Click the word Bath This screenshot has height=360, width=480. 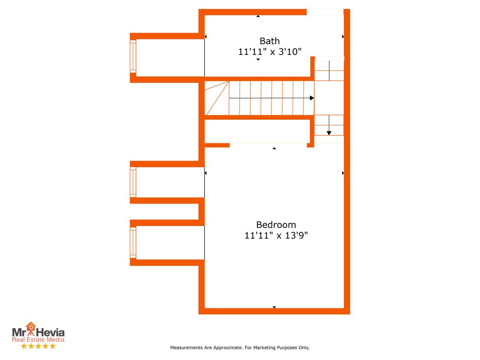point(269,41)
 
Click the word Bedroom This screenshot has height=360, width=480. point(276,225)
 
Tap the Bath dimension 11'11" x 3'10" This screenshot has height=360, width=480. point(270,52)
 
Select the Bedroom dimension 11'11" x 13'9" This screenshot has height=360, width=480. point(276,235)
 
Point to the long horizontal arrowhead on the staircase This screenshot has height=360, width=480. point(312,98)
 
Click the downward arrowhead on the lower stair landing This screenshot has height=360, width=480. point(329,133)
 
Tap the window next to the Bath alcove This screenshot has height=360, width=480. point(133,56)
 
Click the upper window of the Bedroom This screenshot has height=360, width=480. point(133,182)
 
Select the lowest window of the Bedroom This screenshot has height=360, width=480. point(133,243)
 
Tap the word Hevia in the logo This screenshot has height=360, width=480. point(50,333)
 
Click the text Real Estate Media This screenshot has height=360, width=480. point(38,339)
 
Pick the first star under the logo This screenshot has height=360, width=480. point(24,346)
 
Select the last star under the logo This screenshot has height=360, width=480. point(53,346)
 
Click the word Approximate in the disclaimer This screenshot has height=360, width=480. point(228,348)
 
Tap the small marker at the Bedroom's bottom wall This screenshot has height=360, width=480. point(274,307)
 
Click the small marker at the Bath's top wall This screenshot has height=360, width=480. point(258,16)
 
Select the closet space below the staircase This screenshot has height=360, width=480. point(257,131)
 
